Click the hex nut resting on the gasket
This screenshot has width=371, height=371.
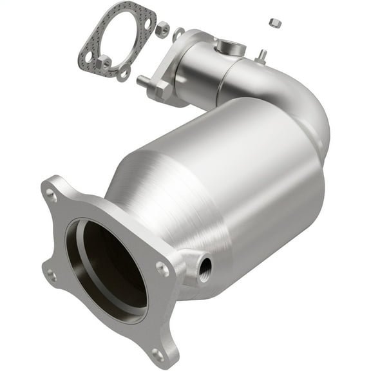click(103, 62)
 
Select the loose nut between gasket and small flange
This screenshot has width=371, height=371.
click(162, 29)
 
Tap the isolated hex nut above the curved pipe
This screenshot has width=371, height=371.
click(275, 23)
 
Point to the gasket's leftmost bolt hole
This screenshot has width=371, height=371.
click(88, 57)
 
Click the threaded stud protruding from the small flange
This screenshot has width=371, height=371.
click(142, 81)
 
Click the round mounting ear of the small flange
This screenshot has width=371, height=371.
click(178, 32)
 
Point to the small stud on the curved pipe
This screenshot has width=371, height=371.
click(262, 55)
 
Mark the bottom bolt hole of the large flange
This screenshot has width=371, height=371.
click(157, 354)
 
